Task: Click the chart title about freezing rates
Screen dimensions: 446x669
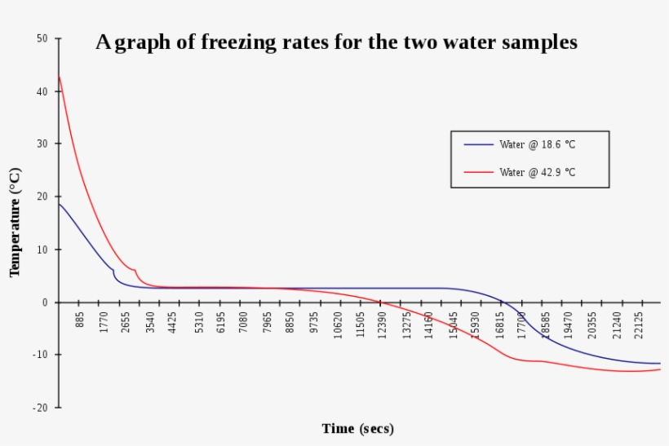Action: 336,42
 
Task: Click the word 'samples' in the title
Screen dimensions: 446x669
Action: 538,43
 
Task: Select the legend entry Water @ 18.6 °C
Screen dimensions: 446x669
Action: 543,144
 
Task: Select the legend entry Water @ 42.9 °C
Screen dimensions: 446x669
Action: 543,172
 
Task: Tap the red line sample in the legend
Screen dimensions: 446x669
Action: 479,172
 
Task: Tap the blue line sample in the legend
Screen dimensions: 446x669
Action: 479,144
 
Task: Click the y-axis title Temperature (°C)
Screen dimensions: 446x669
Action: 15,222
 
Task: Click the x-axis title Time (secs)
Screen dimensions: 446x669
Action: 357,428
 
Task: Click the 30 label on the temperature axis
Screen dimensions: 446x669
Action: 42,144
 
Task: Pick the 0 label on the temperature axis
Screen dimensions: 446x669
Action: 45,302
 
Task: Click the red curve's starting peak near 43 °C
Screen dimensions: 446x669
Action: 59,77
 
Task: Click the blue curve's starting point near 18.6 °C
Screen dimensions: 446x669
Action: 59,204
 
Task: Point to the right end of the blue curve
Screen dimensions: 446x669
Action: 659,364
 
